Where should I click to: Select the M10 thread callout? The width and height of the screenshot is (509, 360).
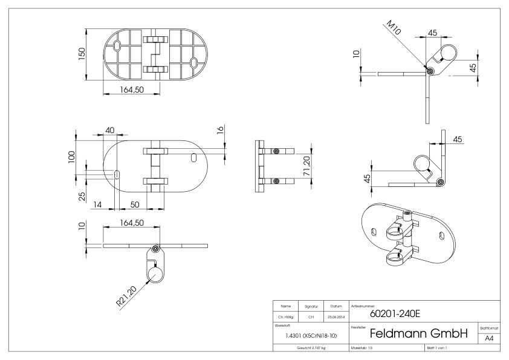(x=395, y=28)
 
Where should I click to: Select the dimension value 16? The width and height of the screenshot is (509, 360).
(x=221, y=130)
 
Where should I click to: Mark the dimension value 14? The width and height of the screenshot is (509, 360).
(x=97, y=205)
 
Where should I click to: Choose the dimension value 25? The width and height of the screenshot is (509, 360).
(x=81, y=197)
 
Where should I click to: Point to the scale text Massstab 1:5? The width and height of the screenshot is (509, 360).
(x=363, y=349)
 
